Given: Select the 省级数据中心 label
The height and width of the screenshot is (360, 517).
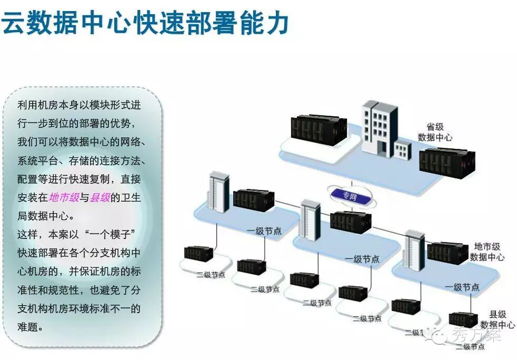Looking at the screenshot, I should [435, 132].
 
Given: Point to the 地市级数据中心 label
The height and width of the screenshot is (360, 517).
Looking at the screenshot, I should [487, 252].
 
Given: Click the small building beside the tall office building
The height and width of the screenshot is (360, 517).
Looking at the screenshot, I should [403, 151].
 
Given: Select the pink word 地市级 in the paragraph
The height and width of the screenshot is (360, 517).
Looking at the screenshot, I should [64, 197].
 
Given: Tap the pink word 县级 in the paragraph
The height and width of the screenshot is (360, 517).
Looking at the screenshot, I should [100, 197].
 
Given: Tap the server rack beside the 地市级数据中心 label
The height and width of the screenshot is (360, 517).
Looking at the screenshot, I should [447, 252].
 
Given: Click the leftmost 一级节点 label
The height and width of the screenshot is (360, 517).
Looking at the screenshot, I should [264, 231].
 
